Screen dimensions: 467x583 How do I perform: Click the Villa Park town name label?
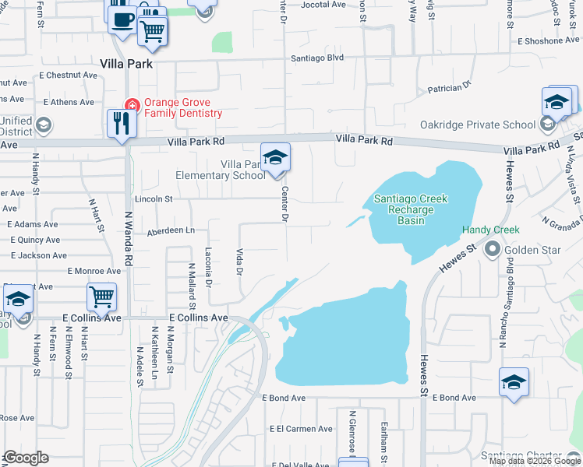[x=125, y=64]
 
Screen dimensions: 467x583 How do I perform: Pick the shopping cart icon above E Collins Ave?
[x=101, y=296]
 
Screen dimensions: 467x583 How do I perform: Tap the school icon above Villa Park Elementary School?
[x=275, y=158]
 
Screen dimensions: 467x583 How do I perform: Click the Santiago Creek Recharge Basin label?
[x=411, y=209]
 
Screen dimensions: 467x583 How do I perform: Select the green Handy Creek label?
[x=490, y=230]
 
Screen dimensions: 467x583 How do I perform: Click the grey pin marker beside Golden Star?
[x=492, y=250]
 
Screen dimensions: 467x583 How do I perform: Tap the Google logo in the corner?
[x=25, y=458]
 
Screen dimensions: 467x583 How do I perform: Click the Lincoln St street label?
[x=153, y=198]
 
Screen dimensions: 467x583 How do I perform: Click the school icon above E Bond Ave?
[x=514, y=382]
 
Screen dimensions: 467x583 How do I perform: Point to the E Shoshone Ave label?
[x=552, y=40]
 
